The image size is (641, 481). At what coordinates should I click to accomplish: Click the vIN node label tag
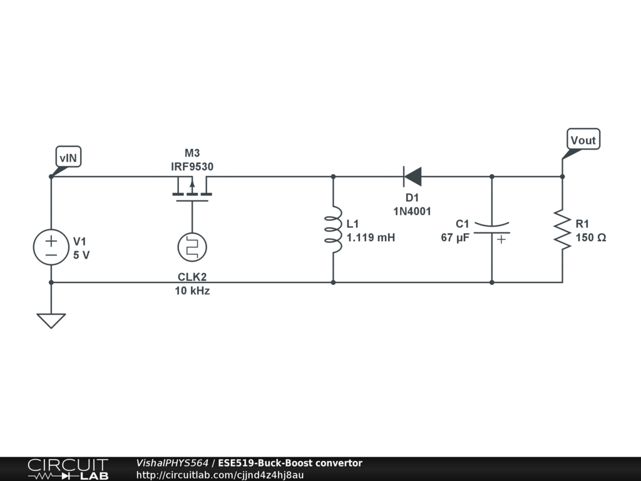[x=68, y=158]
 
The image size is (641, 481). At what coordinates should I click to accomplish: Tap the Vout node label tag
[x=583, y=140]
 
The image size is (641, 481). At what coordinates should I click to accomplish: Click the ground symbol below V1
[x=51, y=320]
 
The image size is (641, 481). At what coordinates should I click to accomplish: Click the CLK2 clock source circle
[x=192, y=247]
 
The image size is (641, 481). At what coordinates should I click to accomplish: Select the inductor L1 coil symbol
[x=333, y=230]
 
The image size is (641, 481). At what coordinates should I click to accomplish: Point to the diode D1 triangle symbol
[x=412, y=177]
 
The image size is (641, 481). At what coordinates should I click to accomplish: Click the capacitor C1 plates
[x=491, y=229]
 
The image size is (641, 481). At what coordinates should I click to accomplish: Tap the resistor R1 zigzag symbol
[x=562, y=230]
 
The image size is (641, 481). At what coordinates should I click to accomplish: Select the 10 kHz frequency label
[x=192, y=291]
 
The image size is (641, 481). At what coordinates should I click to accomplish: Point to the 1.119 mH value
[x=371, y=238]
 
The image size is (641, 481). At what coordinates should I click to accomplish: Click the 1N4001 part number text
[x=412, y=211]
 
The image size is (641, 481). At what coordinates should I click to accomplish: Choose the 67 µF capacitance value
[x=455, y=238]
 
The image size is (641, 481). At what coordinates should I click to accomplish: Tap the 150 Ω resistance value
[x=591, y=238]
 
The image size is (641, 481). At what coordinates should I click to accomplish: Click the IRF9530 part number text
[x=192, y=167]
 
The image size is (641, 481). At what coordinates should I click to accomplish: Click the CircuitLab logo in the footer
[x=68, y=469]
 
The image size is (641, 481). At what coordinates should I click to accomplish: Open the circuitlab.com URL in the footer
[x=220, y=475]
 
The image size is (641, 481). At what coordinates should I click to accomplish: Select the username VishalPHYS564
[x=172, y=463]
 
